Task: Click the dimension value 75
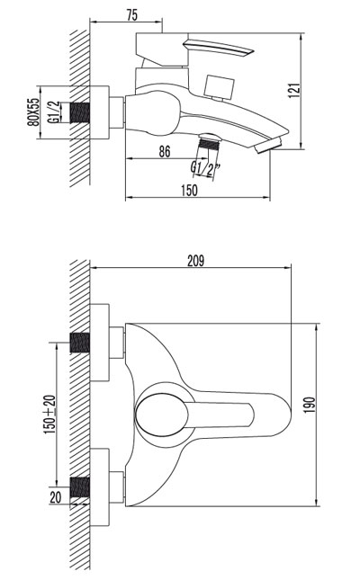132,14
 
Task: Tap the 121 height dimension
295,91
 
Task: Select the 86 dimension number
164,151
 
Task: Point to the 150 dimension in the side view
189,190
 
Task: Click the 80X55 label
33,112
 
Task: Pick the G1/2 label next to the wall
53,112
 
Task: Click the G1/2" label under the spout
205,169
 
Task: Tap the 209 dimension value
195,261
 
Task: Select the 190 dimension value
310,406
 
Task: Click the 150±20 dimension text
50,415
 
